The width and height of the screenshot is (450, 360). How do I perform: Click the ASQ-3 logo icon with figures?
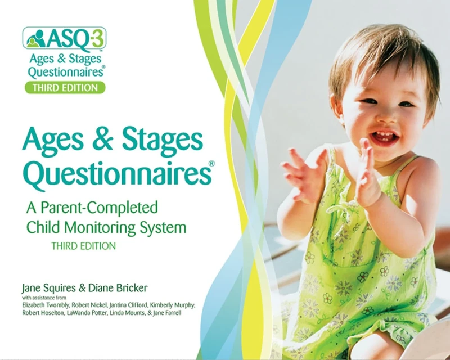(34, 38)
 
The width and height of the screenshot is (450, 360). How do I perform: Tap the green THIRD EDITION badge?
(65, 87)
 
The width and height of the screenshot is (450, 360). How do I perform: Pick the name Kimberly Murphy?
(172, 305)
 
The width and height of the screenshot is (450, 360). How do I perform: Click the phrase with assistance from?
(44, 298)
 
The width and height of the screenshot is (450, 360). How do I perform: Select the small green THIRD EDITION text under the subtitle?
(83, 246)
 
